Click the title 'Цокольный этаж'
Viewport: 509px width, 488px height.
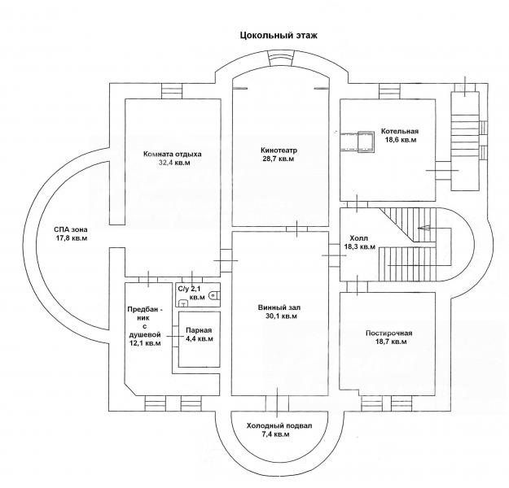[279, 35]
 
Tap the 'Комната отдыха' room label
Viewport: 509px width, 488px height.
[173, 154]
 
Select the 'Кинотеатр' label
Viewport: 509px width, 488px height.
[279, 150]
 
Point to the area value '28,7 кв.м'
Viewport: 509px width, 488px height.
[279, 159]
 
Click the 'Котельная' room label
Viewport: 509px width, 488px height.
[400, 131]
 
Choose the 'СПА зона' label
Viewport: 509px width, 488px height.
[71, 229]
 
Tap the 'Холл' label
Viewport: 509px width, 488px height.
[359, 238]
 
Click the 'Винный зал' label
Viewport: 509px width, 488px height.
[279, 307]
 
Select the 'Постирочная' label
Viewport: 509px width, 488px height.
[389, 333]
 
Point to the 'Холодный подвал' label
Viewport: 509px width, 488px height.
[279, 425]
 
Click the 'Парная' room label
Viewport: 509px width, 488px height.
[199, 330]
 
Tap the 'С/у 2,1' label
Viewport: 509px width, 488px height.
[191, 288]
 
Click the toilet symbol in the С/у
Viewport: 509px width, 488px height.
[214, 295]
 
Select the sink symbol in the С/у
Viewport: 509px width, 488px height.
[184, 303]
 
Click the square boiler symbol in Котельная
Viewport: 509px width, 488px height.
[366, 142]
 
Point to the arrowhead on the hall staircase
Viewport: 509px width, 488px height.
[424, 229]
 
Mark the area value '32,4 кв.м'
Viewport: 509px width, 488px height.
[174, 163]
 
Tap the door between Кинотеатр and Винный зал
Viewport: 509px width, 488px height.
[297, 229]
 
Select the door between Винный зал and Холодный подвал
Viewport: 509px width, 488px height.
[277, 403]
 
